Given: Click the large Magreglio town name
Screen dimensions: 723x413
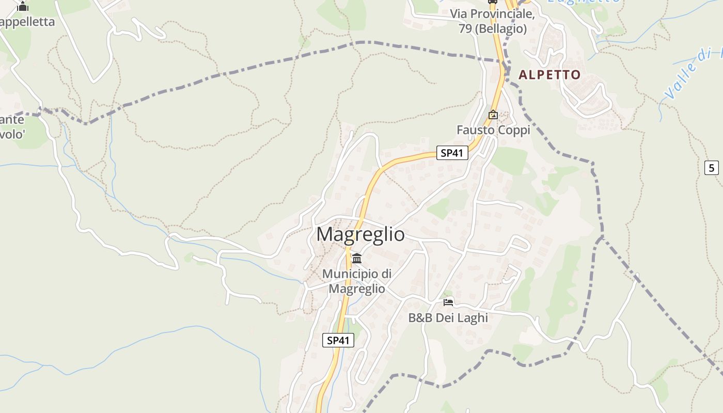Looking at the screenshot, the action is (360, 234).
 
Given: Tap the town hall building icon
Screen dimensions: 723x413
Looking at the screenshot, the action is (357, 258).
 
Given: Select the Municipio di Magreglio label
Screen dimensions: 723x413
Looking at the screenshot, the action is (357, 281).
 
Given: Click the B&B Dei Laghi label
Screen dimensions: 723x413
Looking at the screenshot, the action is (448, 318).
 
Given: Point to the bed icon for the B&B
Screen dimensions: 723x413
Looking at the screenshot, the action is (448, 301).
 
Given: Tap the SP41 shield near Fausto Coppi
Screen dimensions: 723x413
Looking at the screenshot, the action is (452, 153).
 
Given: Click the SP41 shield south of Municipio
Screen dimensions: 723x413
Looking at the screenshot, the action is (338, 340).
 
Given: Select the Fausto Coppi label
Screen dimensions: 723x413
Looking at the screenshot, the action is (493, 130).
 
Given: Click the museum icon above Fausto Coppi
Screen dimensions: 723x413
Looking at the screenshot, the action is (493, 115).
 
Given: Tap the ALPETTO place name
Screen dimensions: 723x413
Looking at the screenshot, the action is (549, 75).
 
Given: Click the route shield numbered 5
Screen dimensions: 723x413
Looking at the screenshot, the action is (712, 168).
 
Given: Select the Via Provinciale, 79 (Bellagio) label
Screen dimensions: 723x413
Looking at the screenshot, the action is (492, 21).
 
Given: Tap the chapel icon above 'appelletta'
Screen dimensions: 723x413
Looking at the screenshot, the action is (22, 7).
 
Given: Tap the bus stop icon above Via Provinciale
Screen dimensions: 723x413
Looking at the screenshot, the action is (492, 2).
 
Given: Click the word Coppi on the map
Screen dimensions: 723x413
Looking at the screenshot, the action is (513, 130).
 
